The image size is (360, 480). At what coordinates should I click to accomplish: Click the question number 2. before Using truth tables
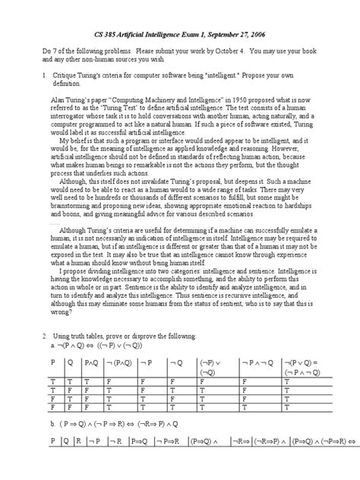click(45, 336)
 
